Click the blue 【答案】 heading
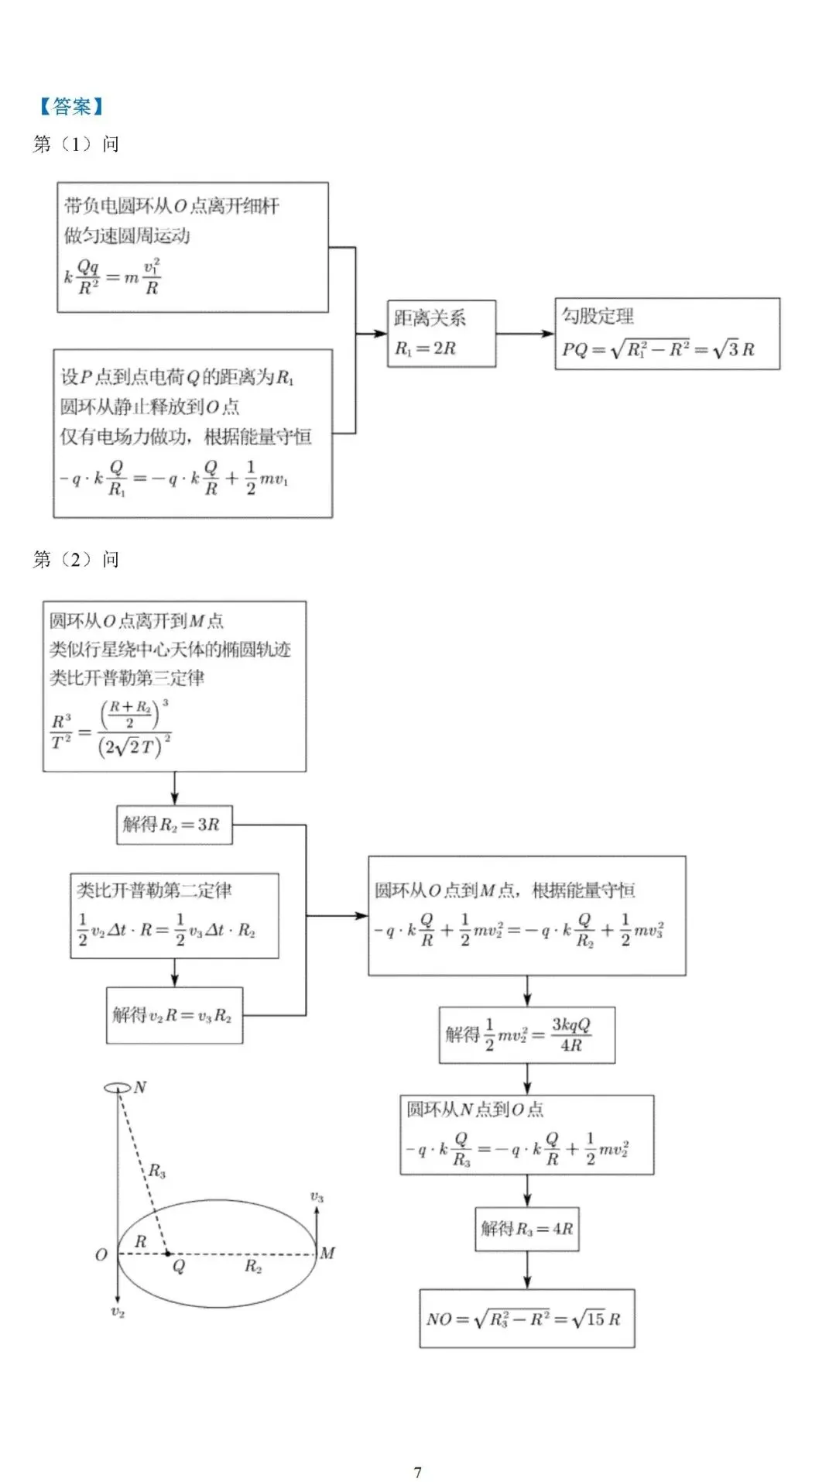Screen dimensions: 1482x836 click(x=71, y=106)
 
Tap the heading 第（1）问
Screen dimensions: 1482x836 click(x=76, y=144)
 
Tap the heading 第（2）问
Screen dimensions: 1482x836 click(x=76, y=559)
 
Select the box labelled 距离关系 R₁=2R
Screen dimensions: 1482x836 click(x=441, y=334)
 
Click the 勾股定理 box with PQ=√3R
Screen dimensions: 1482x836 click(x=666, y=334)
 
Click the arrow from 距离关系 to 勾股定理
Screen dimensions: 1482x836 click(x=525, y=334)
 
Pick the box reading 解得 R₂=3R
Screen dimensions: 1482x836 click(x=174, y=825)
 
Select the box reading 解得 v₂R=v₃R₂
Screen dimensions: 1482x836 click(x=174, y=1015)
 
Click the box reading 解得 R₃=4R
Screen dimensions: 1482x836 click(x=526, y=1228)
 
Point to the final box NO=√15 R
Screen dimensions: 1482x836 click(x=526, y=1319)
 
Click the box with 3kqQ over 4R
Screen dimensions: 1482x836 click(x=526, y=1035)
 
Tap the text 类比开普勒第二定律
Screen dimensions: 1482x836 click(x=154, y=890)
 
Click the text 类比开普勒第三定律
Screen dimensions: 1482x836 click(x=128, y=678)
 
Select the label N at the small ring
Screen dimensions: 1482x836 click(x=140, y=1087)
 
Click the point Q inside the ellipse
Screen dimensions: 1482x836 click(x=168, y=1254)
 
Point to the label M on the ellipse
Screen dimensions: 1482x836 click(x=327, y=1253)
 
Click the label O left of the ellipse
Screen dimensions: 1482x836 click(x=101, y=1254)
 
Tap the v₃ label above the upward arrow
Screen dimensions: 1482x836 click(x=317, y=1197)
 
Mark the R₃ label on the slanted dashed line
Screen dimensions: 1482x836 click(x=157, y=1171)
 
